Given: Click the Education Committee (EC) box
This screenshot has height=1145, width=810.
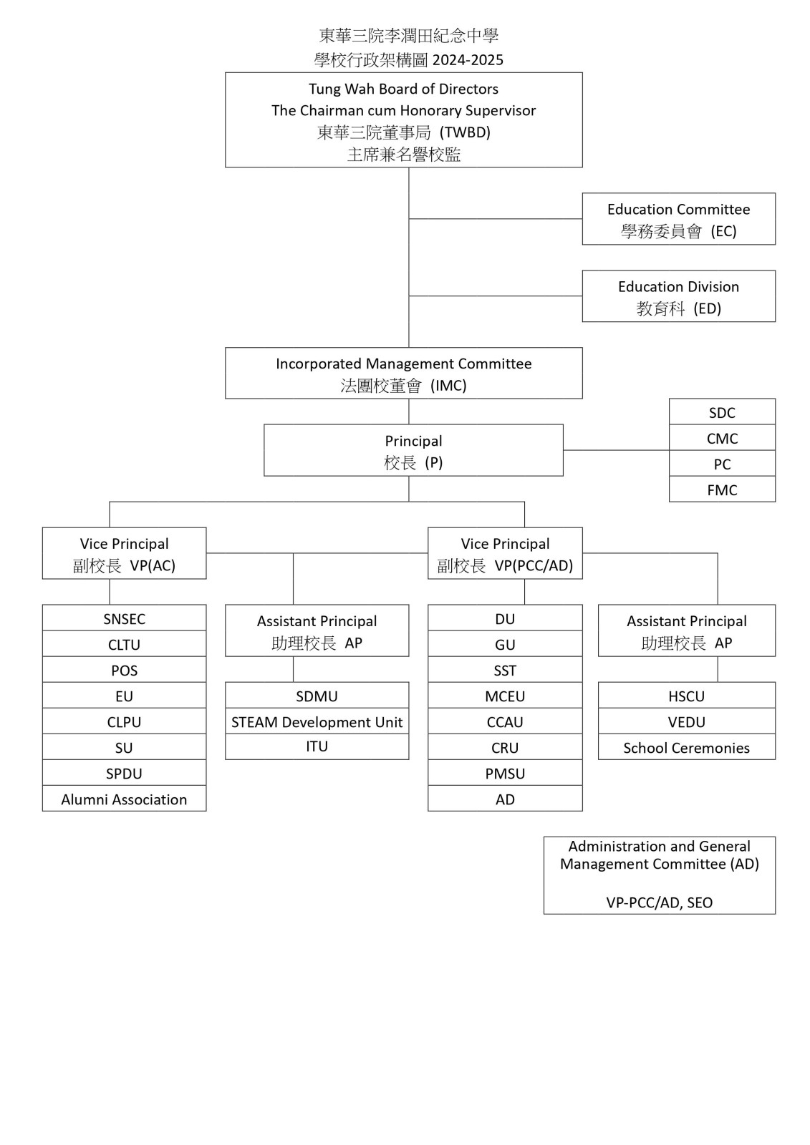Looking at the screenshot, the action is pyautogui.click(x=678, y=219).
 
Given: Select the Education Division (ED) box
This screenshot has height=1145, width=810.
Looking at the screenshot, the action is pyautogui.click(x=678, y=296).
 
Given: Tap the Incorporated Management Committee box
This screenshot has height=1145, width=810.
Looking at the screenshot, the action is pyautogui.click(x=404, y=373).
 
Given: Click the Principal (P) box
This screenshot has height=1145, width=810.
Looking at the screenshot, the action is pyautogui.click(x=413, y=450).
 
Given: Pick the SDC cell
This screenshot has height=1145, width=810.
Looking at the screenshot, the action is pyautogui.click(x=722, y=411).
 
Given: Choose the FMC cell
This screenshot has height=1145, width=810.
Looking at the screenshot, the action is pyautogui.click(x=722, y=489).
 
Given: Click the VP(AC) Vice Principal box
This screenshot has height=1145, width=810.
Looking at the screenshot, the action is pyautogui.click(x=125, y=553).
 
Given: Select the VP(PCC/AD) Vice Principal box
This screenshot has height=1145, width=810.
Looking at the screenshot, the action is pyautogui.click(x=505, y=553).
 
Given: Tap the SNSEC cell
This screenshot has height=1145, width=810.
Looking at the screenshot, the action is pyautogui.click(x=125, y=618).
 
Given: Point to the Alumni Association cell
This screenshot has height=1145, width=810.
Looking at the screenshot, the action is pyautogui.click(x=125, y=798).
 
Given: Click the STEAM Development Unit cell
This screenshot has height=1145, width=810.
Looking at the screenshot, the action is pyautogui.click(x=317, y=721).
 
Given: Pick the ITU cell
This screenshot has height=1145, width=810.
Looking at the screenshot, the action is pyautogui.click(x=317, y=746).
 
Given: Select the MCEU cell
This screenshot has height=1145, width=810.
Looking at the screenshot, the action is pyautogui.click(x=505, y=695).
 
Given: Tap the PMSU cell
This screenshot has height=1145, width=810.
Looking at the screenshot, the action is pyautogui.click(x=505, y=772).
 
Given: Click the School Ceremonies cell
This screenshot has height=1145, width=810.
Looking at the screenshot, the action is pyautogui.click(x=687, y=747).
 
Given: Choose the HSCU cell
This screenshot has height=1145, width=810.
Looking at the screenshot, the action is pyautogui.click(x=687, y=695).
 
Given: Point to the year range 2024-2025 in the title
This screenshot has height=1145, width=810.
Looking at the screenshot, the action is pyautogui.click(x=468, y=60).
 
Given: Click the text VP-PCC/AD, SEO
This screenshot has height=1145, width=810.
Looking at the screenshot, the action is pyautogui.click(x=659, y=902).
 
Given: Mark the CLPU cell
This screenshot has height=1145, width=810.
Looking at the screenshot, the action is pyautogui.click(x=125, y=721).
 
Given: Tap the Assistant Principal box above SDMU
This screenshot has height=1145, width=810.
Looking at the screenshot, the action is pyautogui.click(x=317, y=630).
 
